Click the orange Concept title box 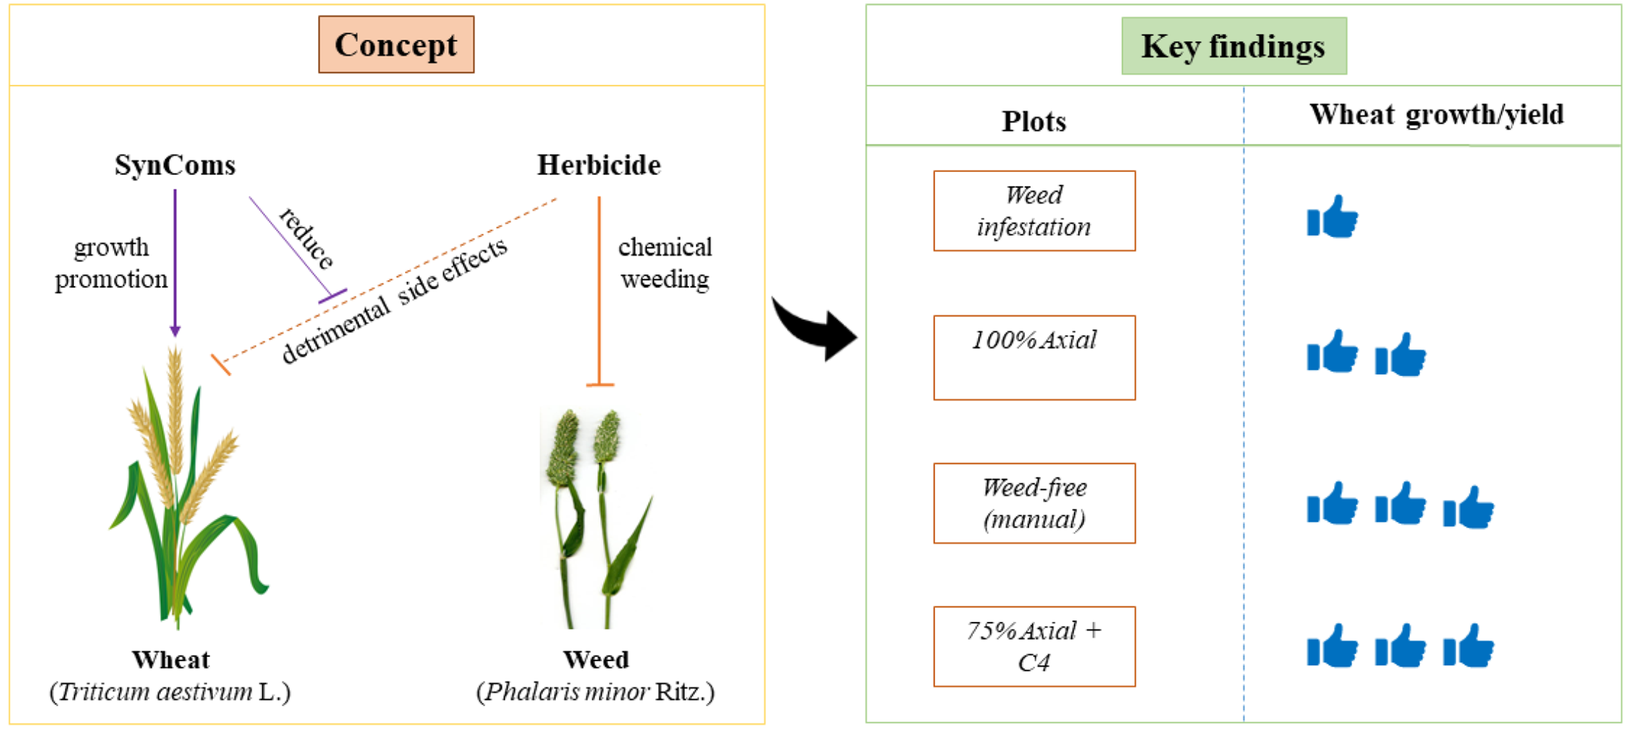click(396, 45)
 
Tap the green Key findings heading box click(1233, 46)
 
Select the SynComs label click(175, 165)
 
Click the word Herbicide click(599, 165)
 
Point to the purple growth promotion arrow click(175, 263)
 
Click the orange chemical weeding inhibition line click(599, 290)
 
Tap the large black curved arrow click(815, 328)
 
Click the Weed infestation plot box click(1034, 211)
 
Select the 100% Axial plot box click(1034, 357)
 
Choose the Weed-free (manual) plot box click(1034, 503)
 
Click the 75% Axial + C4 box click(1034, 646)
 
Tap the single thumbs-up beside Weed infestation click(1332, 217)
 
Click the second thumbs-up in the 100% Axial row click(1400, 355)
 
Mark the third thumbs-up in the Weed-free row click(1468, 508)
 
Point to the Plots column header click(1034, 122)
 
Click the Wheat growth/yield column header click(1436, 115)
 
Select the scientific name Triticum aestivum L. click(170, 692)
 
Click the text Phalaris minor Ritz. click(595, 692)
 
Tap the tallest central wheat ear click(175, 401)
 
